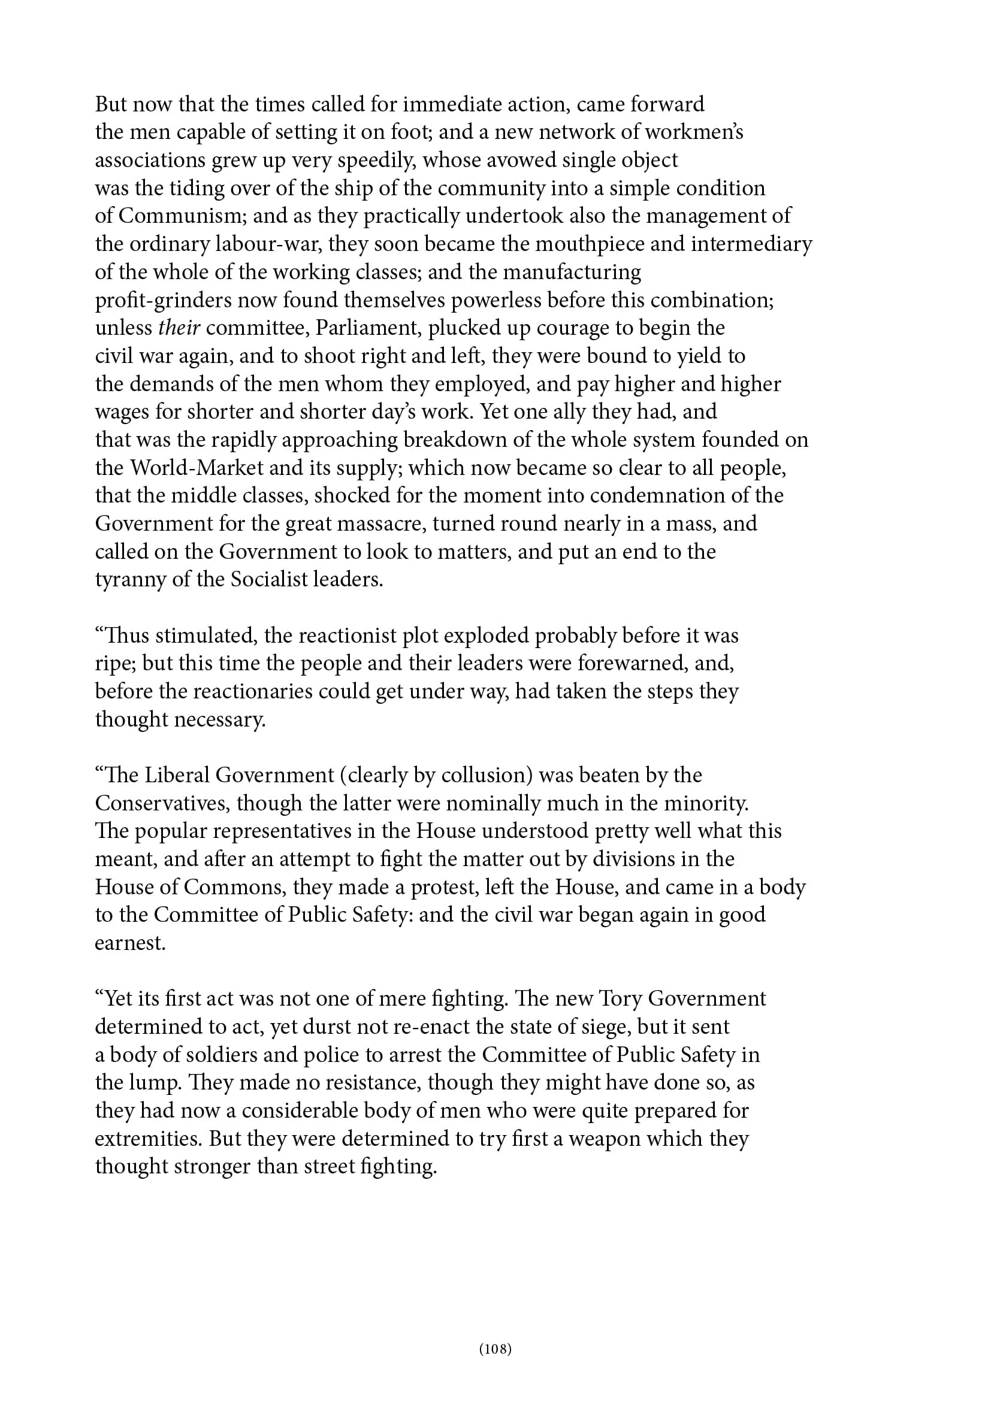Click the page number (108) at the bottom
495,1348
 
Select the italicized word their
179,328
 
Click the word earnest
130,943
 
